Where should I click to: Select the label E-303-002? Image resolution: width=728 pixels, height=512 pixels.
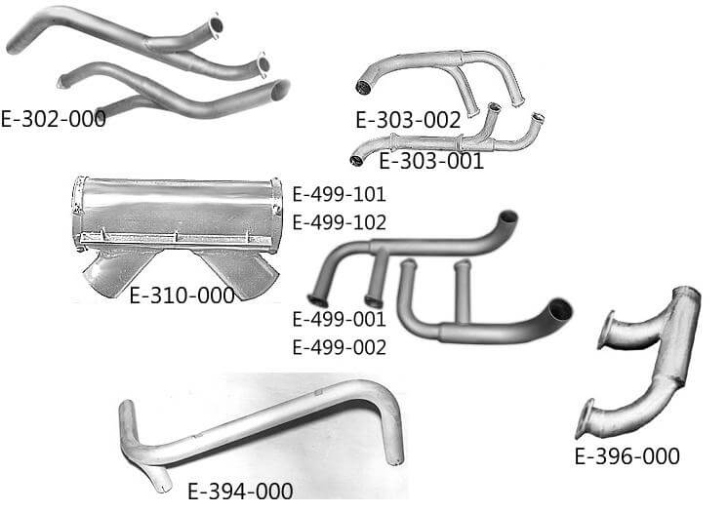[407, 121]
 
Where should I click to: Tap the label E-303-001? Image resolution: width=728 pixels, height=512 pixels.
[430, 162]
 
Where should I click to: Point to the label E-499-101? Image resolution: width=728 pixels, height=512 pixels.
[339, 193]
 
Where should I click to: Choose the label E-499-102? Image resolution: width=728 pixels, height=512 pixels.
[339, 222]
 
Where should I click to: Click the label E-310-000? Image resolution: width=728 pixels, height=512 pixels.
[182, 295]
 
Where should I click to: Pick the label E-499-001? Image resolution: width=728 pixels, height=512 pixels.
[339, 318]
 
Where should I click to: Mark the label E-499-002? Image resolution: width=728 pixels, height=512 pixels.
[339, 347]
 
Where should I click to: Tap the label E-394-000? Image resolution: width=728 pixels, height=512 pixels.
[239, 491]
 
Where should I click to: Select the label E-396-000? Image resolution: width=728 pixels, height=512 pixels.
[627, 455]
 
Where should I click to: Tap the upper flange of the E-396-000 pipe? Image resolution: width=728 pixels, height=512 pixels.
[606, 331]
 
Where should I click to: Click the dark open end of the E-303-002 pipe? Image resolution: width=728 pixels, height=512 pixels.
[364, 89]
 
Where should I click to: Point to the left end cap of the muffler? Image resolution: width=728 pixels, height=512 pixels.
[78, 210]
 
